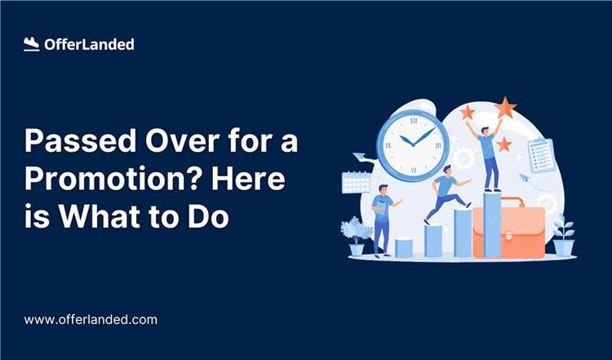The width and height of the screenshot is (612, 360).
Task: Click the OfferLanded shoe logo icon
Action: pos(32,45)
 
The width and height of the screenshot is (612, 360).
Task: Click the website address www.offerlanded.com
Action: pos(90,320)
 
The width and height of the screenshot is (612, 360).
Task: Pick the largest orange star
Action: pos(505,107)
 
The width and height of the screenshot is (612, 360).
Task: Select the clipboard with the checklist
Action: pos(541,155)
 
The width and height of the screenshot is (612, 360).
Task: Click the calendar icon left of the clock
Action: pos(357,181)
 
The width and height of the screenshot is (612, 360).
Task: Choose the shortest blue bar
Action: pos(404,247)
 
